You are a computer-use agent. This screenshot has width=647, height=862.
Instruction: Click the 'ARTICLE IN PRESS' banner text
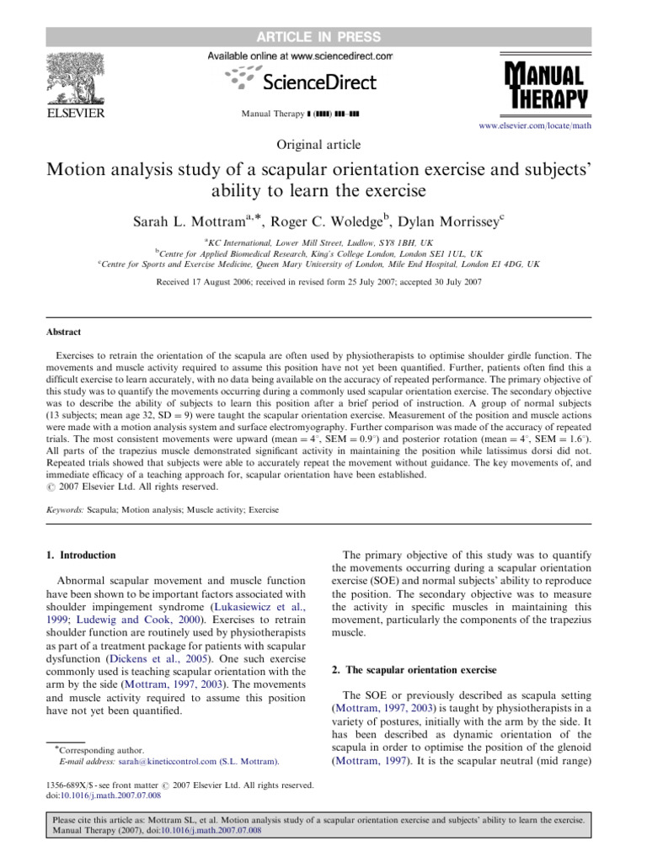323,36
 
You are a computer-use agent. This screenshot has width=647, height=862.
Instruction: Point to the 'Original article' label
323,145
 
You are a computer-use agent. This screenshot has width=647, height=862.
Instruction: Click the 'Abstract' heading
67,333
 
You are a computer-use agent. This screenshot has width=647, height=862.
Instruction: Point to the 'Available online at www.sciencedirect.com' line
300,56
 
